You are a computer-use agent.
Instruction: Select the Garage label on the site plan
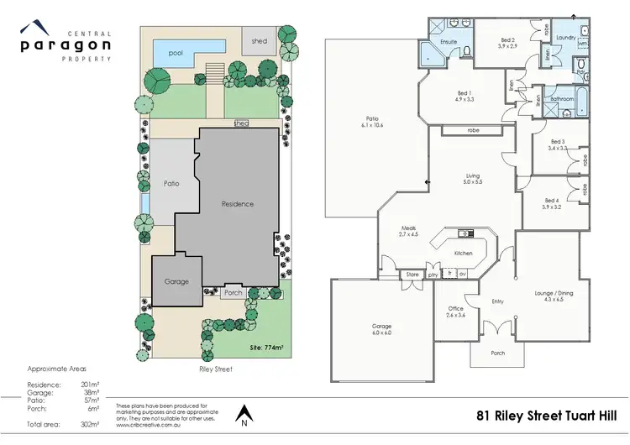coord(176,281)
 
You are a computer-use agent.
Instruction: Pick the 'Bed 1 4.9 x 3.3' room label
coord(465,96)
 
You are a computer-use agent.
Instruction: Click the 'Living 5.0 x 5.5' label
coord(474,179)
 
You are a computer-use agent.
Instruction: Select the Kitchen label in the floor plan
coord(464,253)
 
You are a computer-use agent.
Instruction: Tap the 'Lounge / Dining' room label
coord(559,296)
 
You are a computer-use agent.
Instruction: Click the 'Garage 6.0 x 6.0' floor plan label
coord(382,329)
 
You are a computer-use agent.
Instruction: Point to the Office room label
coord(455,311)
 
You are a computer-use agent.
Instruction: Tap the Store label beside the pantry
coord(412,274)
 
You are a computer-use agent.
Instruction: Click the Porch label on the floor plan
coord(498,353)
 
